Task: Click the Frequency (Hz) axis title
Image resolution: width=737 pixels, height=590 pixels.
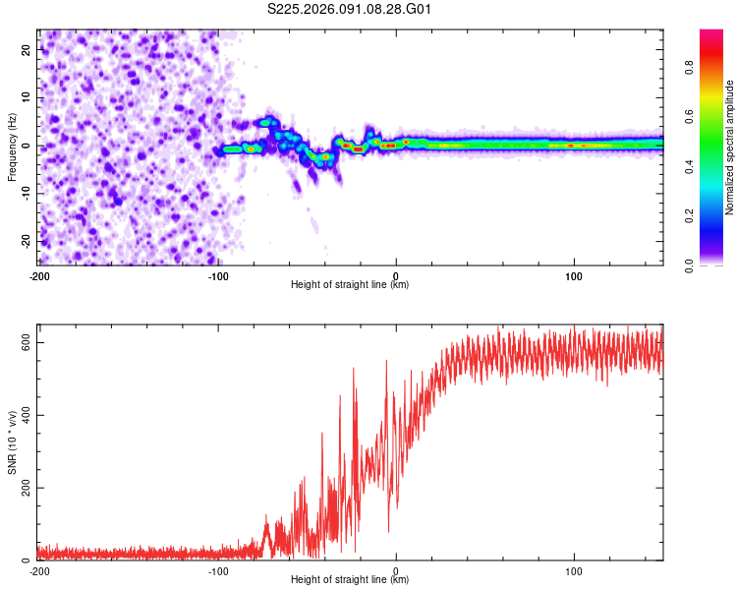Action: point(12,147)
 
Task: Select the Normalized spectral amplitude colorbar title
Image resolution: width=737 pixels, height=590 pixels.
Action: point(729,147)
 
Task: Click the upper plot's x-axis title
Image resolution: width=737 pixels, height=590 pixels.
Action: point(350,285)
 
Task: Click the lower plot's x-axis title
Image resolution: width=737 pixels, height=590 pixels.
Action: point(350,580)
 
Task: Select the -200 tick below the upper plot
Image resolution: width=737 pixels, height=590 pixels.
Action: point(39,275)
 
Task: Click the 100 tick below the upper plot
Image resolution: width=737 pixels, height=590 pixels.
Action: point(574,275)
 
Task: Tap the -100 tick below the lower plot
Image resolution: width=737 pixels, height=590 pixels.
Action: point(217,570)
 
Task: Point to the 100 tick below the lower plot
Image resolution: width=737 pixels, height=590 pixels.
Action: point(574,570)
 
